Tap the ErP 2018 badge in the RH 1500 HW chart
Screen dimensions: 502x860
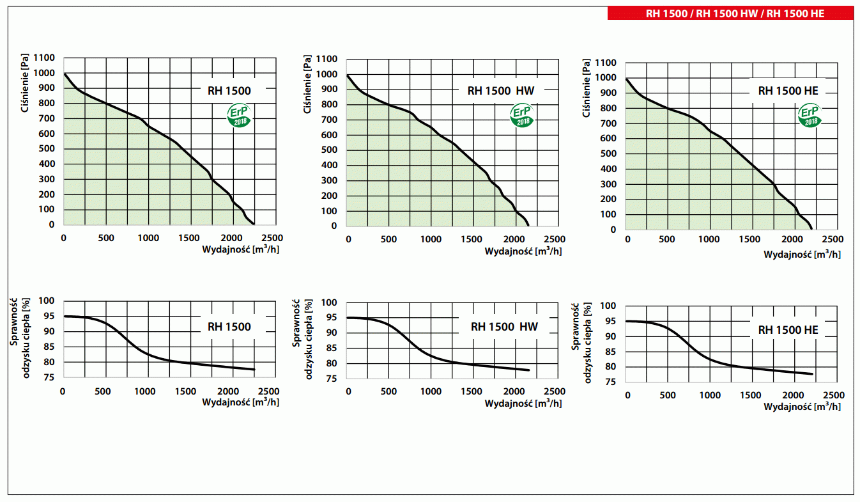tap(522, 116)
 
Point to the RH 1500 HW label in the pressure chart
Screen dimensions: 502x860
tap(501, 90)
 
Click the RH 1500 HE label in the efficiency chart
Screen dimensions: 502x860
tap(788, 331)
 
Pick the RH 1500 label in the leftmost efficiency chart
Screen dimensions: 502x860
tap(229, 327)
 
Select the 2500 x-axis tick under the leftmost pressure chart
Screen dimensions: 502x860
tap(272, 238)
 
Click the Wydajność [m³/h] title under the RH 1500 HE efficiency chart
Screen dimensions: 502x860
tap(802, 407)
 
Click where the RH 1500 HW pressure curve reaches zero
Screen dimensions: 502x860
tap(528, 225)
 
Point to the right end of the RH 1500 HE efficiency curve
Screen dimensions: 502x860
tap(811, 374)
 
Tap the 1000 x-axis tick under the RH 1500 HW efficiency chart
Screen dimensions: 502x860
tap(431, 391)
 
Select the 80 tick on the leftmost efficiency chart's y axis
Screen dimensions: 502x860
tap(49, 362)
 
